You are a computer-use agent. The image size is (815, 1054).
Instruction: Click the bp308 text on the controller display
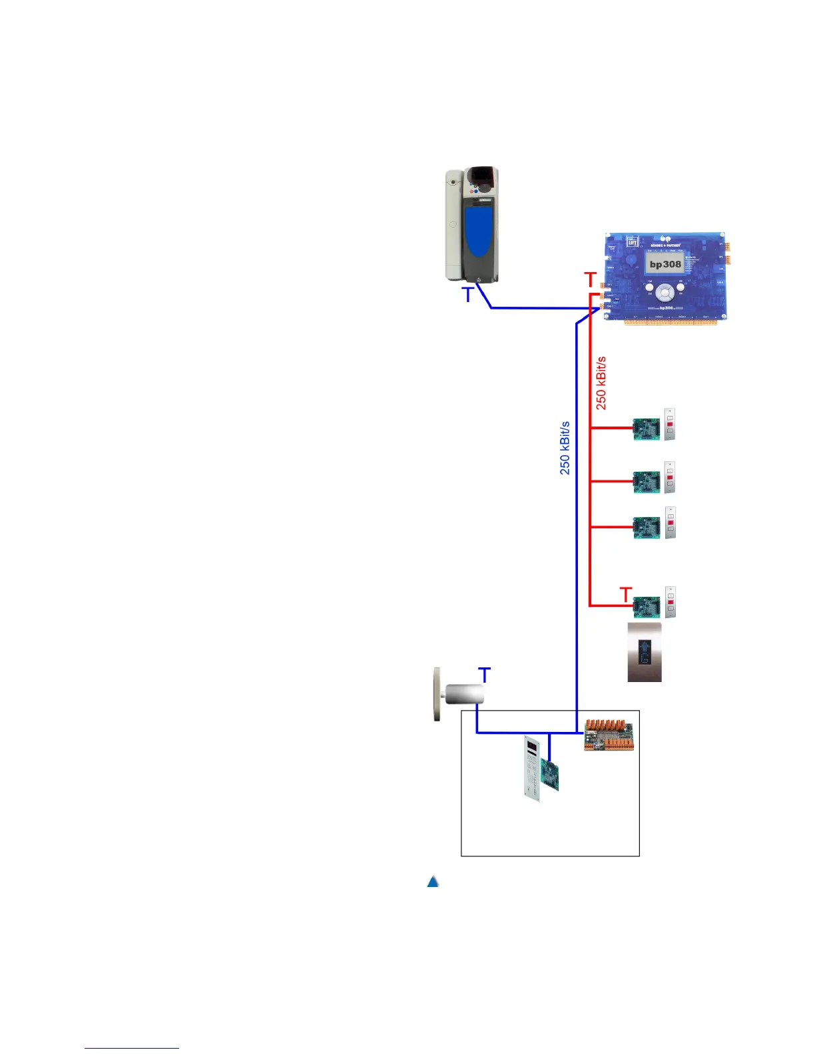point(665,264)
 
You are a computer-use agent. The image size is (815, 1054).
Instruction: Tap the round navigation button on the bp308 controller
point(665,292)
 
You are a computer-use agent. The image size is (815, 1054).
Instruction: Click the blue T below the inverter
point(468,295)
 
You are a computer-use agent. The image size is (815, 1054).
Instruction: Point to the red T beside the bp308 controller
point(590,280)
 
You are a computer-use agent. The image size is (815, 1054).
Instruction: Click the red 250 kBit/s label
point(601,383)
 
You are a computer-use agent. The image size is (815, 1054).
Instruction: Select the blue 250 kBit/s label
point(565,448)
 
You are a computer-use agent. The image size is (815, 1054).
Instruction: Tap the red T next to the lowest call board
point(625,594)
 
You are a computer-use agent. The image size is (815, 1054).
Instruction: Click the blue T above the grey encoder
point(485,675)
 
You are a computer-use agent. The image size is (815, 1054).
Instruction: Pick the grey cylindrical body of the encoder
point(463,694)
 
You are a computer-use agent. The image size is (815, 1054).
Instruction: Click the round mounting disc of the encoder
point(437,695)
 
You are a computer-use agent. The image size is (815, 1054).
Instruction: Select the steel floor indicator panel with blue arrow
point(645,652)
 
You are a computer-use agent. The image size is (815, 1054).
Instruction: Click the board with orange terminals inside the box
point(609,735)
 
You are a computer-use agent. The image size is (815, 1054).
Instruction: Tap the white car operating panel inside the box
point(532,768)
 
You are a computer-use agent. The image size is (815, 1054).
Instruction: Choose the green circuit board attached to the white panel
point(549,775)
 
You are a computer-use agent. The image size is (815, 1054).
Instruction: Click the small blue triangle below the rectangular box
point(433,882)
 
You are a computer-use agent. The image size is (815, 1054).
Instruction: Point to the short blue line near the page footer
point(132,1048)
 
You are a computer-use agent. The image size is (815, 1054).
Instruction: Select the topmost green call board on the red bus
point(646,429)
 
